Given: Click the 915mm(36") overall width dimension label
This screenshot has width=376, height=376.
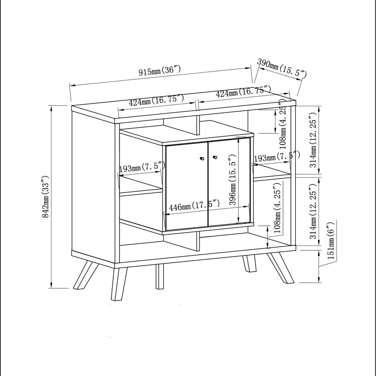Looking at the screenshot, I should pos(160,70).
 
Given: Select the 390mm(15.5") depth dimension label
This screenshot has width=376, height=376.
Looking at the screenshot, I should pos(282,68).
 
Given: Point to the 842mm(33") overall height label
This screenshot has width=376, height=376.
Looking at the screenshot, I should pos(46,197).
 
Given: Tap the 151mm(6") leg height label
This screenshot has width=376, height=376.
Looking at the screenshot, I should pos(331,241).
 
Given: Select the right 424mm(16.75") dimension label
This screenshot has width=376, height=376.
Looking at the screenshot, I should pos(243,92).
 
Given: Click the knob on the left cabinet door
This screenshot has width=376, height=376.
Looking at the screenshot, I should pos(202,158).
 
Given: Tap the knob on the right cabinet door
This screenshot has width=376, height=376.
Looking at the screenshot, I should pos(215,158).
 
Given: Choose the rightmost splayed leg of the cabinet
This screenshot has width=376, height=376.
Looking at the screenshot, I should pos(281,268).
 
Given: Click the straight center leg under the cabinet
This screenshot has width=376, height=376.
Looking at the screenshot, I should pos(160,276).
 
